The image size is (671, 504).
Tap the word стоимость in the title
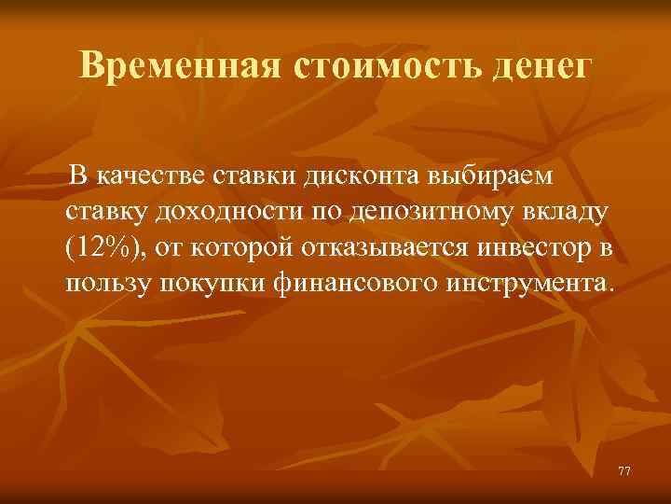[386, 65]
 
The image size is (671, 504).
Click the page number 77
[624, 470]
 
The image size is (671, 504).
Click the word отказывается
[390, 245]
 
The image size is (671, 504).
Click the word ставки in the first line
[248, 175]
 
